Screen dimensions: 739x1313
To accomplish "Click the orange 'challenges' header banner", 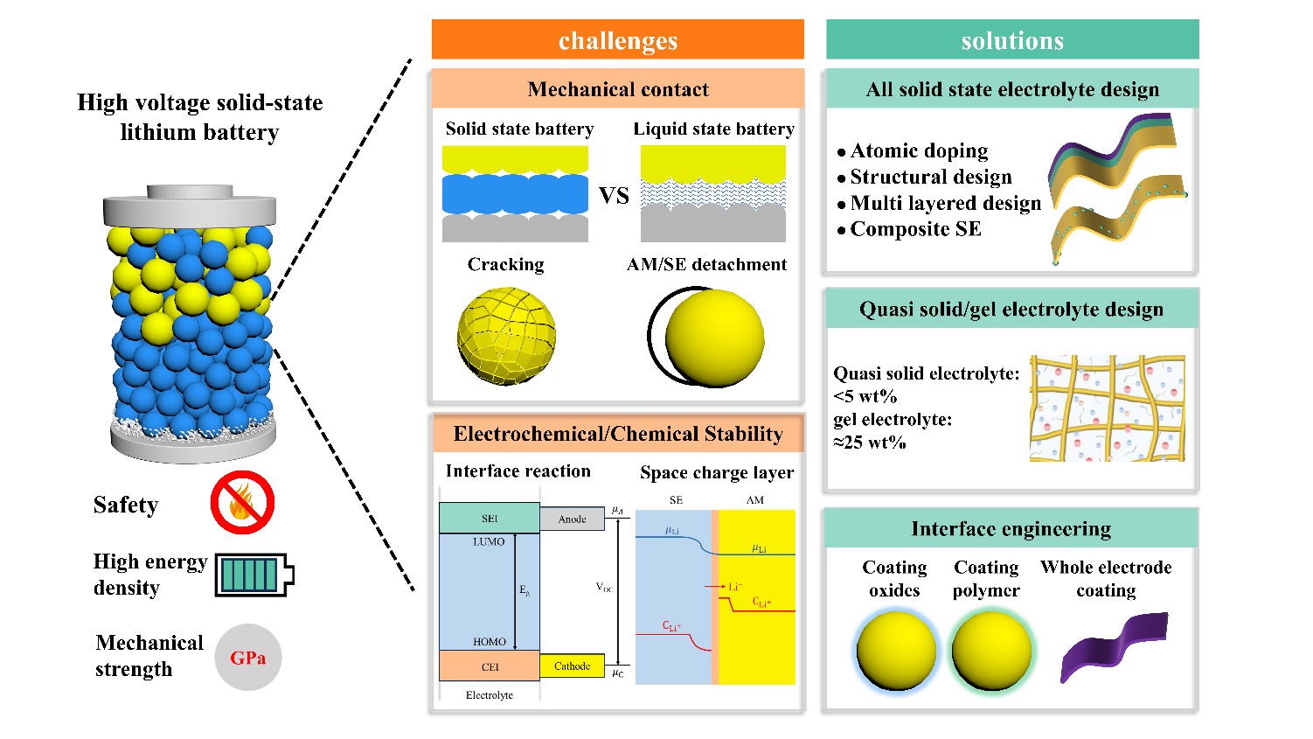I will [617, 40].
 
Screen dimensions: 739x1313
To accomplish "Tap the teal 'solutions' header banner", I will [1012, 40].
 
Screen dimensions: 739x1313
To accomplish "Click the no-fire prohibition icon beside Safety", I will [242, 503].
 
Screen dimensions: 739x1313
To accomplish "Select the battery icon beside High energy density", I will [254, 575].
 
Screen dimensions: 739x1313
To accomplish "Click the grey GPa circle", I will [248, 658].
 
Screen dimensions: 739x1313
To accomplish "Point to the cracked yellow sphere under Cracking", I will [506, 336].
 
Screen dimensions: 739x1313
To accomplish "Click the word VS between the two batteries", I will [614, 196].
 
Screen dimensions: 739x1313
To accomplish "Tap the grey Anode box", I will [572, 519].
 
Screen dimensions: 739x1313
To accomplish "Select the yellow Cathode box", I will [572, 666].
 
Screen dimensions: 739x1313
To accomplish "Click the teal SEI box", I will [489, 518].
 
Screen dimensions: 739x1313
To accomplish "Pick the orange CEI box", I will [489, 666].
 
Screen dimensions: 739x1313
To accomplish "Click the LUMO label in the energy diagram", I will [489, 542].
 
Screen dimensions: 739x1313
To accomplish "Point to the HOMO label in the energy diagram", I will [489, 642].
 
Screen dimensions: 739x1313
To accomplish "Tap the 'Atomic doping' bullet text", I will [919, 151].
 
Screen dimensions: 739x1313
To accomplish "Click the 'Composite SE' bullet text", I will [915, 229].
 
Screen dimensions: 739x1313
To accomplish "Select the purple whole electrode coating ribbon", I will [1114, 645].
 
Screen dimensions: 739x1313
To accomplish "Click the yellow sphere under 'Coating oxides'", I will [896, 651].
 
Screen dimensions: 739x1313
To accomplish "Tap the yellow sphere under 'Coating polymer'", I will [990, 651].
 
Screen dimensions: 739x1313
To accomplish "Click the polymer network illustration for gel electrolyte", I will [1108, 408].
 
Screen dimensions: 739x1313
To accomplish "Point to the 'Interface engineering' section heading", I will [1011, 529].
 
